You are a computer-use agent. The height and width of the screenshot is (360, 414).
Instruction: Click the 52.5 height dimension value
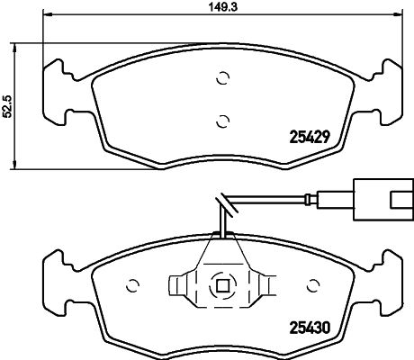click(7, 106)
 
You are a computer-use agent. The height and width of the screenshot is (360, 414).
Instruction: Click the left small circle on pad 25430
click(133, 286)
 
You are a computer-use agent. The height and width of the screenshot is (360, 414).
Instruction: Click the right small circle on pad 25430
click(312, 286)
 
